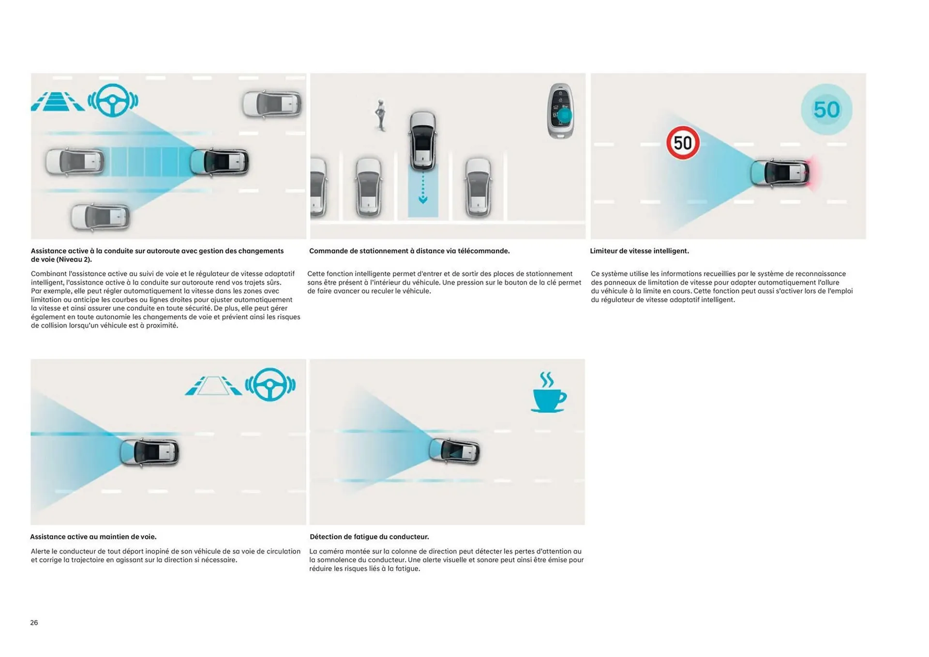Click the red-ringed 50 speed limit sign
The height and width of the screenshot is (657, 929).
[683, 143]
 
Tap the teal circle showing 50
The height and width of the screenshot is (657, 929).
[826, 109]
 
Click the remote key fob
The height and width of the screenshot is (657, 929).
[561, 111]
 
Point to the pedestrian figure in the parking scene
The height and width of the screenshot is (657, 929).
[381, 115]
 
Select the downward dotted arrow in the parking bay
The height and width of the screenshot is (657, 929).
[423, 189]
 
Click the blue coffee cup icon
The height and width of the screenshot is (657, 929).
[549, 392]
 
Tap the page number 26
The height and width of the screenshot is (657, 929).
[34, 623]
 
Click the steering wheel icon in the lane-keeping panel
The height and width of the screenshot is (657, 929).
[270, 385]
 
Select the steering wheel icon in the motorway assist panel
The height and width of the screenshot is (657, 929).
[113, 100]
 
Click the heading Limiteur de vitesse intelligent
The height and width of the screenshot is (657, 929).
[639, 251]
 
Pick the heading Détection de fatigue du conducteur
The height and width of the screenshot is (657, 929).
[369, 537]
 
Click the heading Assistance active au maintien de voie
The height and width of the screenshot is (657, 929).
[93, 537]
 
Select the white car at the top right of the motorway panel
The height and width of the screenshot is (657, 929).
[271, 104]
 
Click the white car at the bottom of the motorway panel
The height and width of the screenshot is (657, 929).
[100, 216]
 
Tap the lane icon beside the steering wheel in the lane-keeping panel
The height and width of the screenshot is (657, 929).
[213, 386]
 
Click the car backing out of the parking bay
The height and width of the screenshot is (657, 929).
[422, 141]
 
